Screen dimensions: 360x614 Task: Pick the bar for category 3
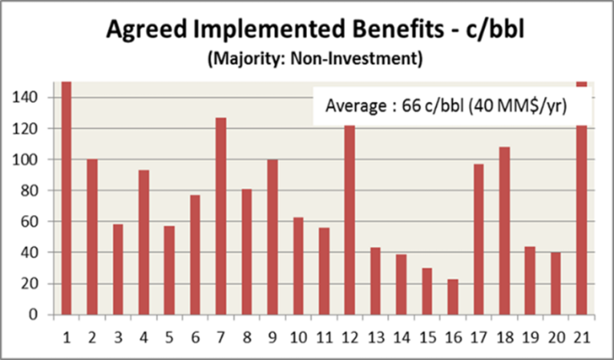(x=117, y=269)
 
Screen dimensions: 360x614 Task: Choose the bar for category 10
(x=299, y=266)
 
